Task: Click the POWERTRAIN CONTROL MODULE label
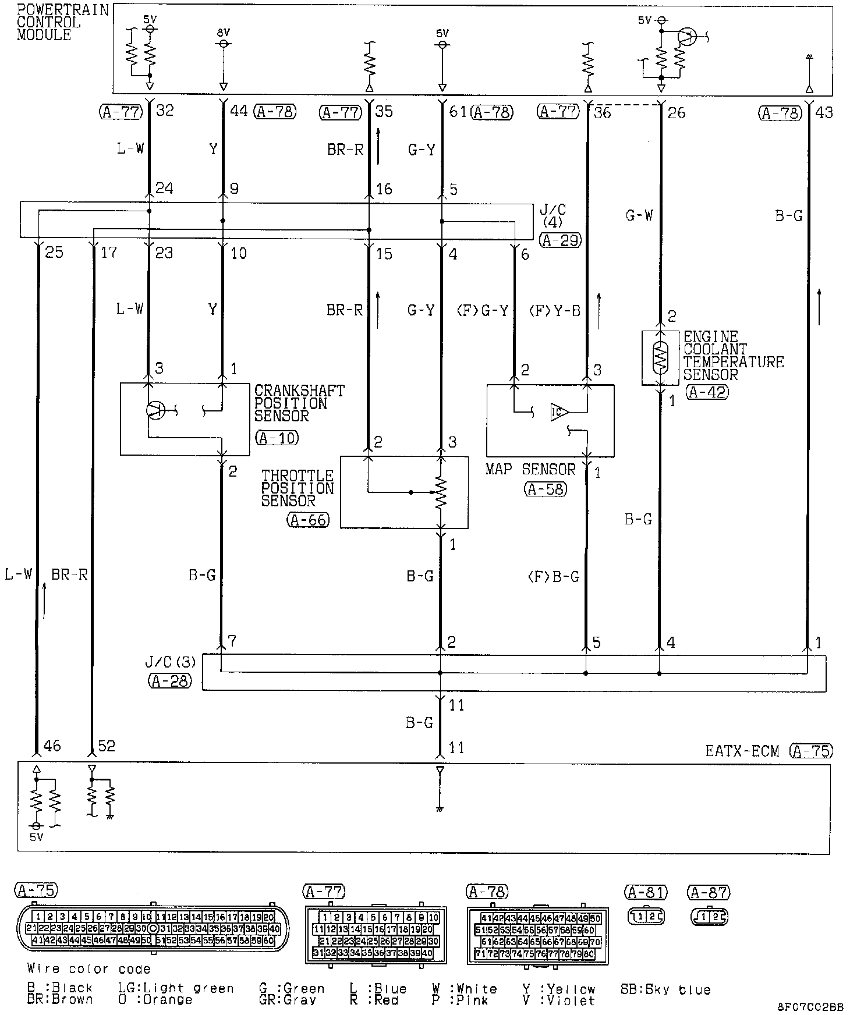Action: coord(62,23)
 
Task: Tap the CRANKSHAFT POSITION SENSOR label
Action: coord(299,403)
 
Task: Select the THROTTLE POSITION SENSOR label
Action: coord(297,488)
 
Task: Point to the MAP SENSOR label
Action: coord(530,470)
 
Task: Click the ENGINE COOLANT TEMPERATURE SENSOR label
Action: coord(733,356)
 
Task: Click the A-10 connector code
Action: coord(277,438)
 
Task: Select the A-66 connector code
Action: coord(308,520)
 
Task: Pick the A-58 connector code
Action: coord(545,489)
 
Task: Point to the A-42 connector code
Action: coord(707,392)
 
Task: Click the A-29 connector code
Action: coord(561,240)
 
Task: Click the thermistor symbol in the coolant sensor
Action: coord(660,358)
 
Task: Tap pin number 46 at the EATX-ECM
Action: coord(52,746)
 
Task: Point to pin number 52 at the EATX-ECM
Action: coord(107,746)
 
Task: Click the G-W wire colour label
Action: coord(639,216)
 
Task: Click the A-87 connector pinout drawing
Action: coord(708,917)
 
